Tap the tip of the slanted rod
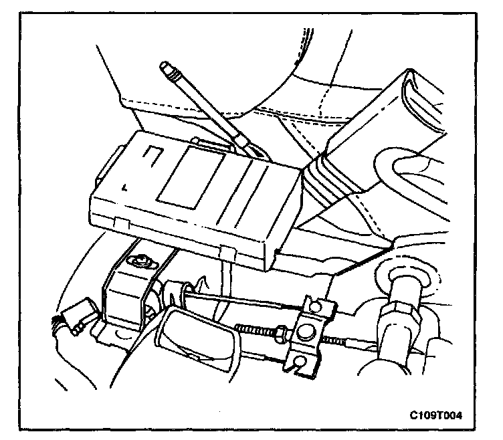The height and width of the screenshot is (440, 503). click(x=167, y=67)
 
